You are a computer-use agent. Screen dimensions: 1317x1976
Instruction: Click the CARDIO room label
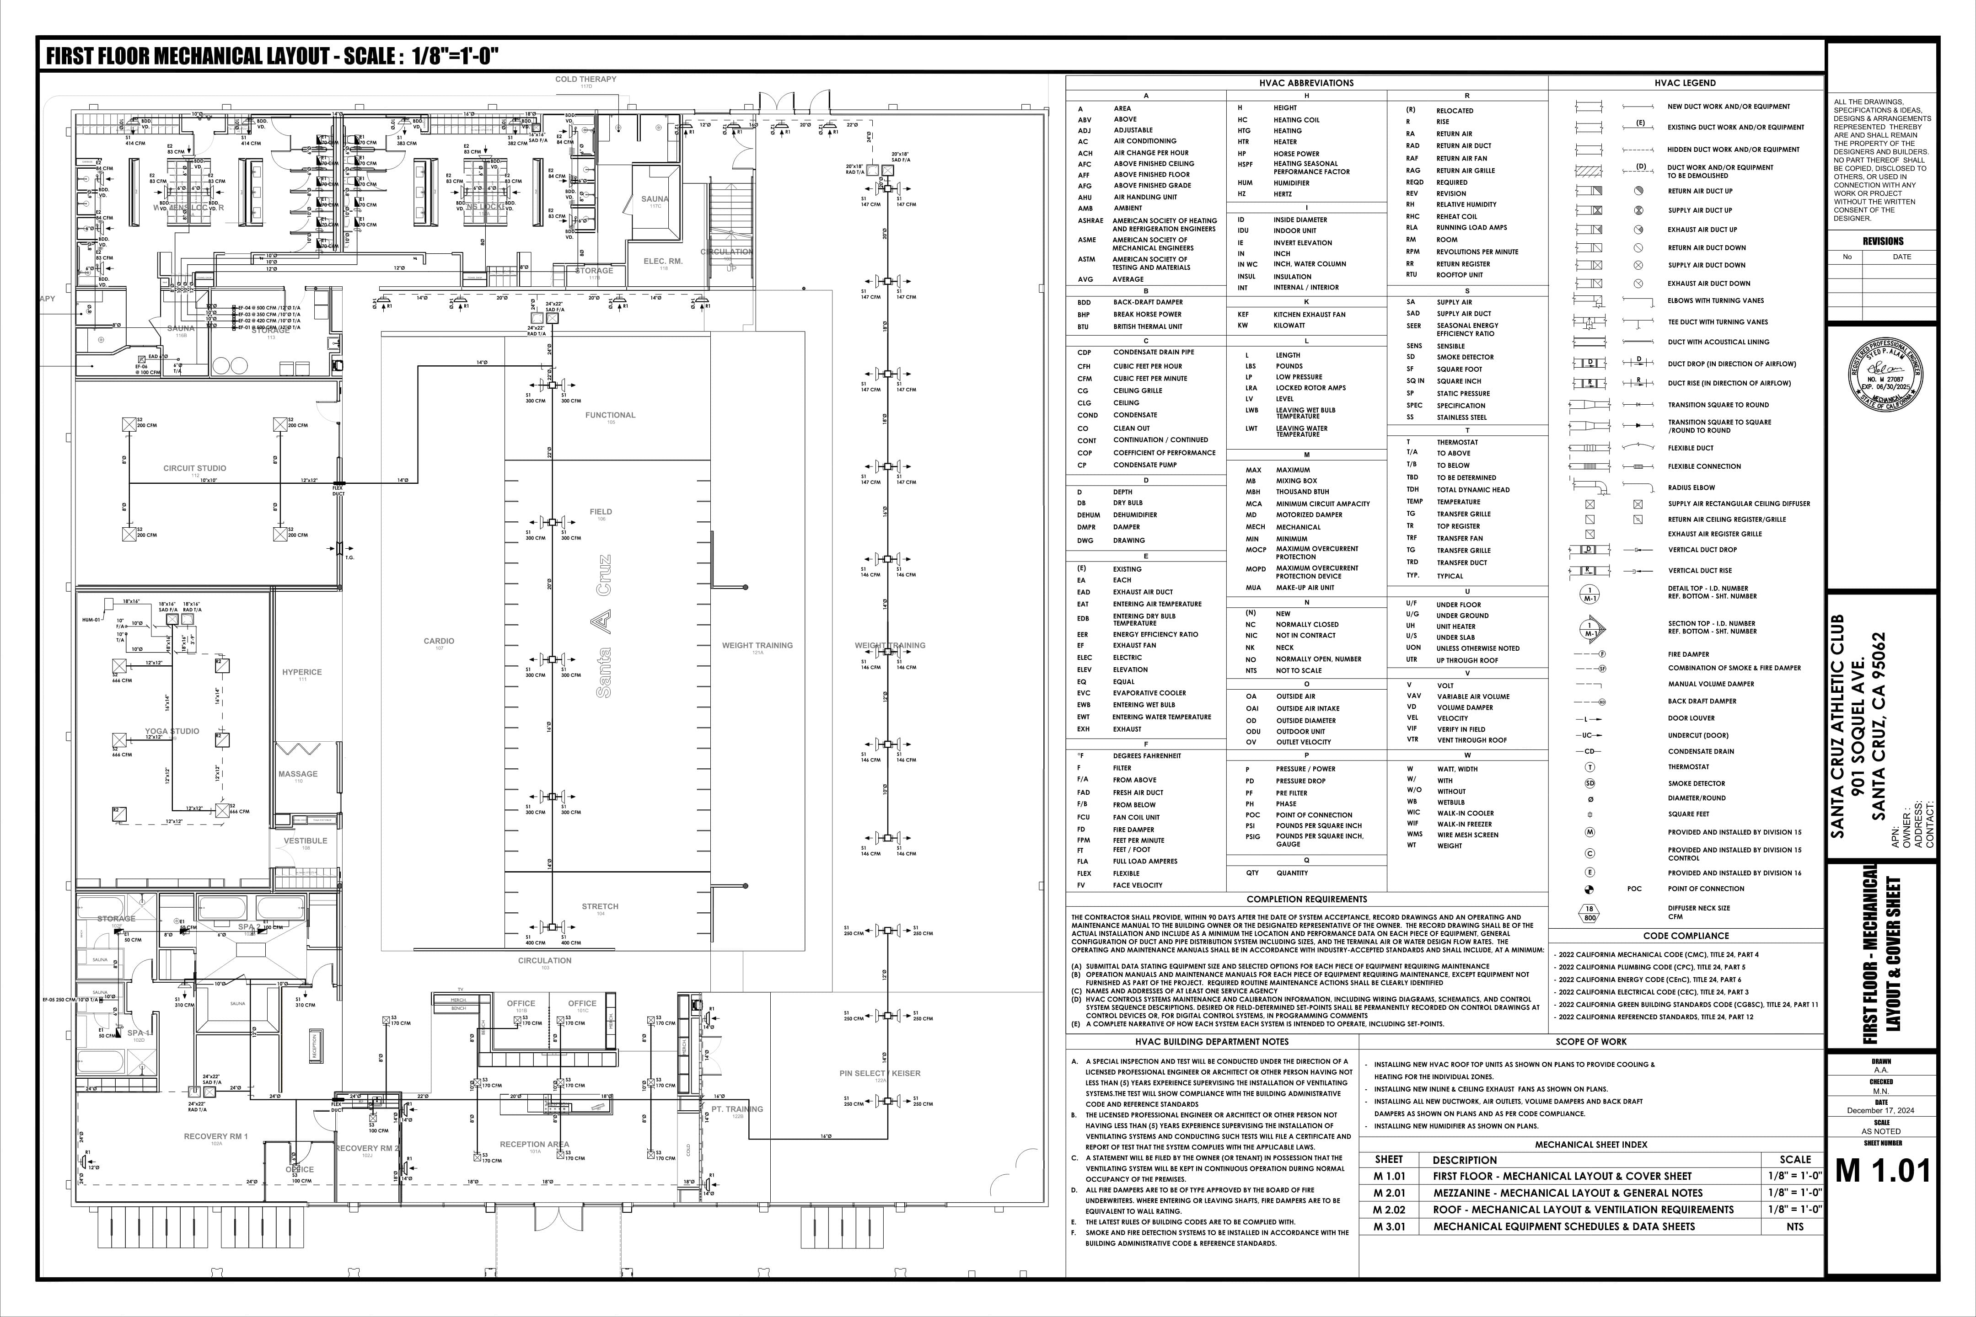click(x=439, y=641)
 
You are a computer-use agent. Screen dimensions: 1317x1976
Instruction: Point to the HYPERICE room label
click(x=301, y=672)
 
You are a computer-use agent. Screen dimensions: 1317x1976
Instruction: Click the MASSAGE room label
click(x=298, y=774)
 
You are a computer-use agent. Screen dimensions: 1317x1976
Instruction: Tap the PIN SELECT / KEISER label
click(x=880, y=1073)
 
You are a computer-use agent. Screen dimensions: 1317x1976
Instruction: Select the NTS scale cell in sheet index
click(x=1794, y=1226)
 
